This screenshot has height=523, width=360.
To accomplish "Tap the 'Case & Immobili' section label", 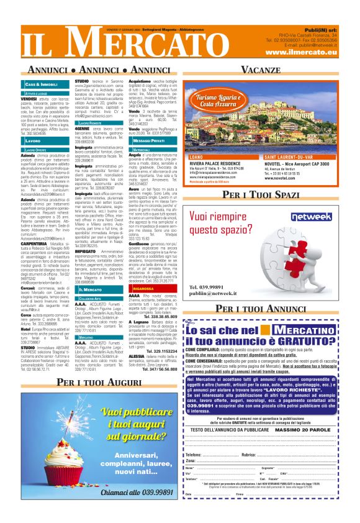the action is click(x=42, y=84).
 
